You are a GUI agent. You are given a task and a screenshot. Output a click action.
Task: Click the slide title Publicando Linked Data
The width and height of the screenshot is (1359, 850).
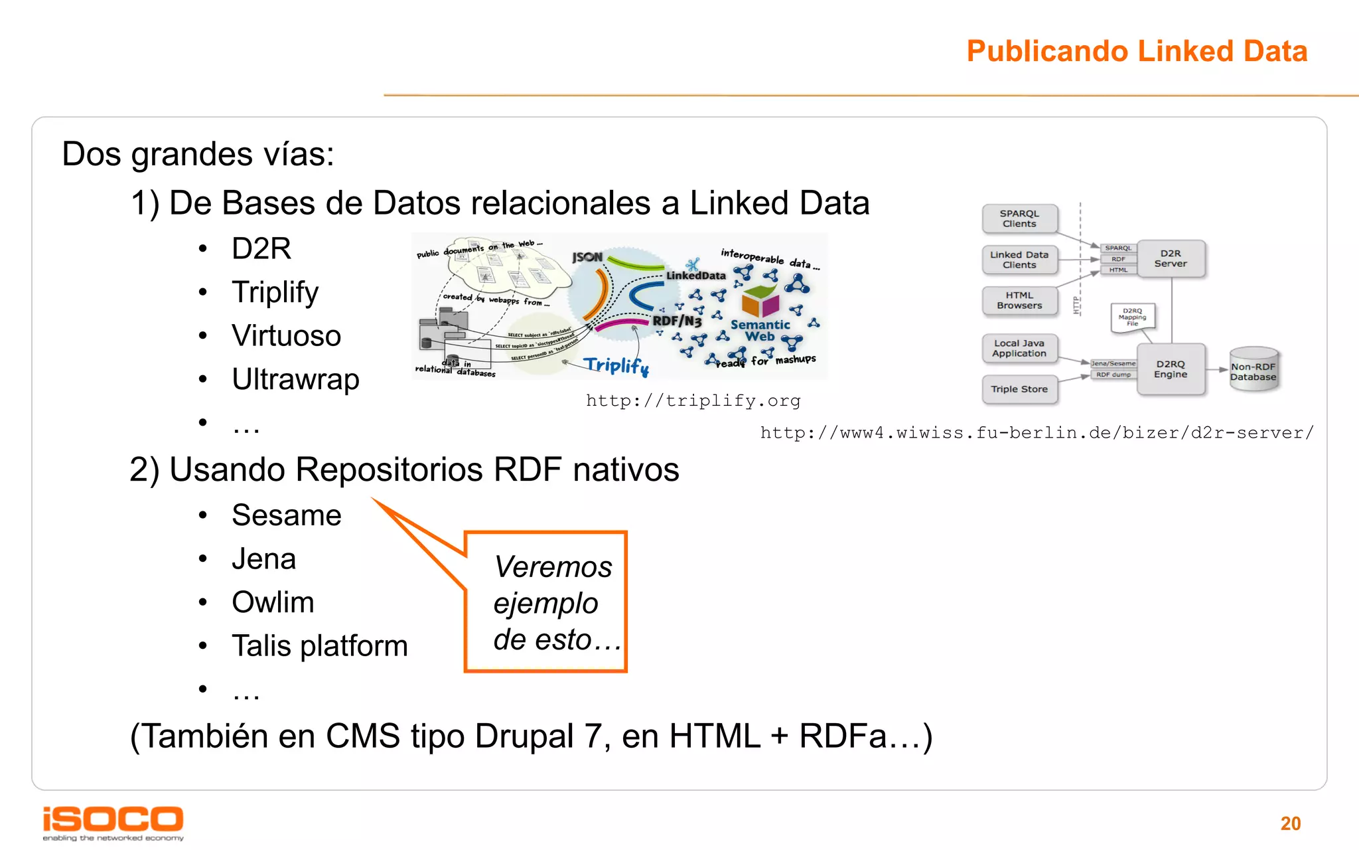coord(1136,51)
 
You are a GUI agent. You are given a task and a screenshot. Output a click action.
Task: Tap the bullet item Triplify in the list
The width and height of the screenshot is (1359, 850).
coord(275,292)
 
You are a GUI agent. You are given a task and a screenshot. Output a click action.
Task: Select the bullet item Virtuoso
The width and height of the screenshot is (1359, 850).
coord(286,335)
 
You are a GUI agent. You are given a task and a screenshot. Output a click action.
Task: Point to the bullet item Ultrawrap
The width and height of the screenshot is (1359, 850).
coord(295,379)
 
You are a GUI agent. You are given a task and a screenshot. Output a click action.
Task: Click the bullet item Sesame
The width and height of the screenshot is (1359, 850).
coord(286,515)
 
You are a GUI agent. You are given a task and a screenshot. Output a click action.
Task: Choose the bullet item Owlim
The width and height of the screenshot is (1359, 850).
coord(273,602)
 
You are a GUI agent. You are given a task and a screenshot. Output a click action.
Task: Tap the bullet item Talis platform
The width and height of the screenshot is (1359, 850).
coord(319,646)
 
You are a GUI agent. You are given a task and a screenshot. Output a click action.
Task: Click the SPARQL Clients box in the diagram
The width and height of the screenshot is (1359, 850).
coord(1019,218)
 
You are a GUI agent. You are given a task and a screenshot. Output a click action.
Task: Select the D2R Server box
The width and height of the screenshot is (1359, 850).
coord(1171,258)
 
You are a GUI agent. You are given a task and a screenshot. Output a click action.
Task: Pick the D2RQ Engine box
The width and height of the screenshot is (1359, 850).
coord(1171,369)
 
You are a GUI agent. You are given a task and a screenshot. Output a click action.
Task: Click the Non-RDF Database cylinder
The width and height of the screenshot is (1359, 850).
coord(1253,371)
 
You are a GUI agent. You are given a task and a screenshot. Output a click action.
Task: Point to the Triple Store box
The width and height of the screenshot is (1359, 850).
coord(1019,389)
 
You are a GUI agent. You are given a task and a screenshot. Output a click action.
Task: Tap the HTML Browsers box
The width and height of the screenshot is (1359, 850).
coord(1019,300)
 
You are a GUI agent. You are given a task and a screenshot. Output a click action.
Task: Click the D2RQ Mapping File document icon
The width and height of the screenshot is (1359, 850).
coord(1132,317)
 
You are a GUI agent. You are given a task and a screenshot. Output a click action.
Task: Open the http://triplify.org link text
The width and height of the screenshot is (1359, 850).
coord(693,400)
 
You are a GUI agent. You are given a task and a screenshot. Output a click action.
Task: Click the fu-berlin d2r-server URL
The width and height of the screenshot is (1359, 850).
coord(1037,433)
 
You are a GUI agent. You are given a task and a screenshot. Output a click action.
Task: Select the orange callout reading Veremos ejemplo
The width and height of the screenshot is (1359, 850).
coord(545,602)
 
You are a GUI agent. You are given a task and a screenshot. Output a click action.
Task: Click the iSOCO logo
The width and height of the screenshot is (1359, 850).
coord(113,822)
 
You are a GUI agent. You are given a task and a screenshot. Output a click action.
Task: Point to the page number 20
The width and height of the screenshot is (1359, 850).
coord(1290,823)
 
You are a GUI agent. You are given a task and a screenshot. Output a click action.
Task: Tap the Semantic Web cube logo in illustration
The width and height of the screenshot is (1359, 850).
coord(760,302)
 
